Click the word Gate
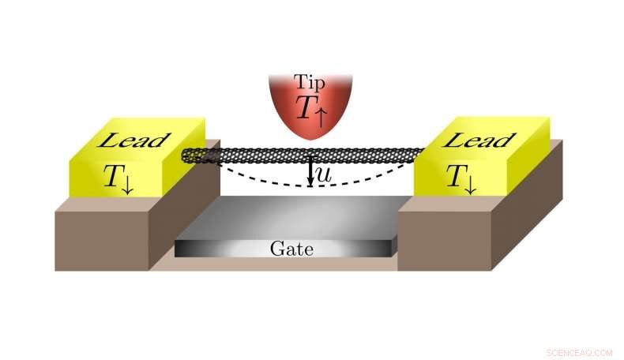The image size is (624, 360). click(291, 249)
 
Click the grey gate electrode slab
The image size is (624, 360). click(284, 217)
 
